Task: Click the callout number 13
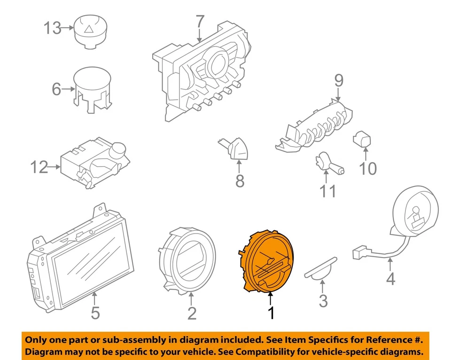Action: tap(53, 28)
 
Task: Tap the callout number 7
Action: tap(200, 22)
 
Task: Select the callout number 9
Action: tap(339, 81)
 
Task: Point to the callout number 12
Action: tap(39, 167)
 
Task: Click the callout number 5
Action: tap(95, 313)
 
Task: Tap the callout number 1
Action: tap(271, 313)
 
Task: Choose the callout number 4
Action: tap(390, 279)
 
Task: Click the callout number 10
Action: tap(368, 168)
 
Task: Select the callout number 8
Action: tap(240, 181)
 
